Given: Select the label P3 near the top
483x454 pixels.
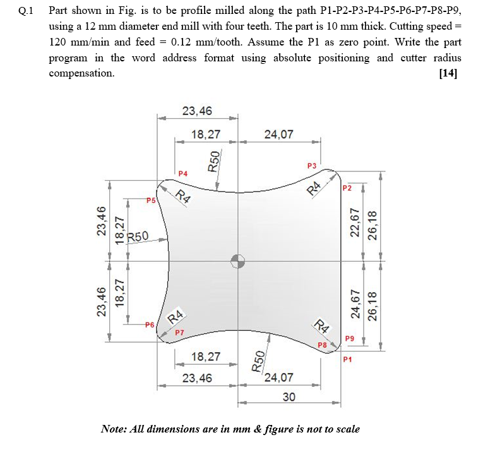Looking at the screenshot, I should tap(311, 166).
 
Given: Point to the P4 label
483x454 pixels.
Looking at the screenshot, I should tap(183, 173).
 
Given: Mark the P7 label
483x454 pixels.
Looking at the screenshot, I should tap(179, 332).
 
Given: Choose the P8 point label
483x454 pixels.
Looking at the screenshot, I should tap(321, 345).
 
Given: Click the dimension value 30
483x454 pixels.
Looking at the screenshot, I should tap(289, 396).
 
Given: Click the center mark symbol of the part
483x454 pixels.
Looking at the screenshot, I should tap(237, 261).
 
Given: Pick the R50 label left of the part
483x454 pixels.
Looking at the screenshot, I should tap(138, 236).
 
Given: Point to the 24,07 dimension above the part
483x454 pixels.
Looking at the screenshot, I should tap(278, 134).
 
